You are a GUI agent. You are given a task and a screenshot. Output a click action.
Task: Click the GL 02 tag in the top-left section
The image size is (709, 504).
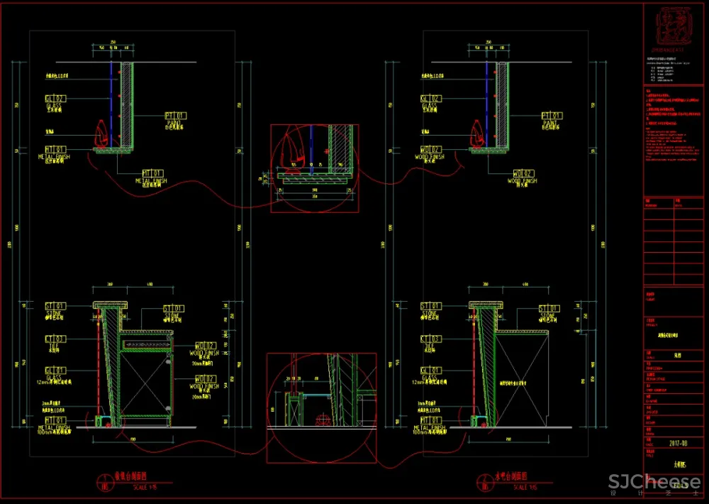point(55,99)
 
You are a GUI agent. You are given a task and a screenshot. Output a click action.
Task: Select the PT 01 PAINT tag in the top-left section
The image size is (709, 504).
point(175,115)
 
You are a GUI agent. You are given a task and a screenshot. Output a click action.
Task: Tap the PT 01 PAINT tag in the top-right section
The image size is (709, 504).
point(552,115)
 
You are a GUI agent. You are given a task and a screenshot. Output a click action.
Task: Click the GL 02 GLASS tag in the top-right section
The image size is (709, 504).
point(431,99)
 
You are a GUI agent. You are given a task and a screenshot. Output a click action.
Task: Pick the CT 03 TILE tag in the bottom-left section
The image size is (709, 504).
point(55,339)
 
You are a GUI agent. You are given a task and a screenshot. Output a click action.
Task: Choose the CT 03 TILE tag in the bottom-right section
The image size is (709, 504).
point(431,339)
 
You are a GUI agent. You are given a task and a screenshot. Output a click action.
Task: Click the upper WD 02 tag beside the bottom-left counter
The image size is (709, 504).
point(206,345)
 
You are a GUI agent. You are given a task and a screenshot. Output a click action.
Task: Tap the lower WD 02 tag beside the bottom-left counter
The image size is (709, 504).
point(206,379)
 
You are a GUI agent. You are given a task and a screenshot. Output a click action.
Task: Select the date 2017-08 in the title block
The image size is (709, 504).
point(679,443)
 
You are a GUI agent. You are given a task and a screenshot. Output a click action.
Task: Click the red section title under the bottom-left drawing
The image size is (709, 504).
point(128,477)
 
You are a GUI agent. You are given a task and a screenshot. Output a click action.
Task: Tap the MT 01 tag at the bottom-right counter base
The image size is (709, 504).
point(431,421)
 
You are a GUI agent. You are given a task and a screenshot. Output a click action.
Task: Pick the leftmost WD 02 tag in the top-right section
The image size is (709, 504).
point(431,149)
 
